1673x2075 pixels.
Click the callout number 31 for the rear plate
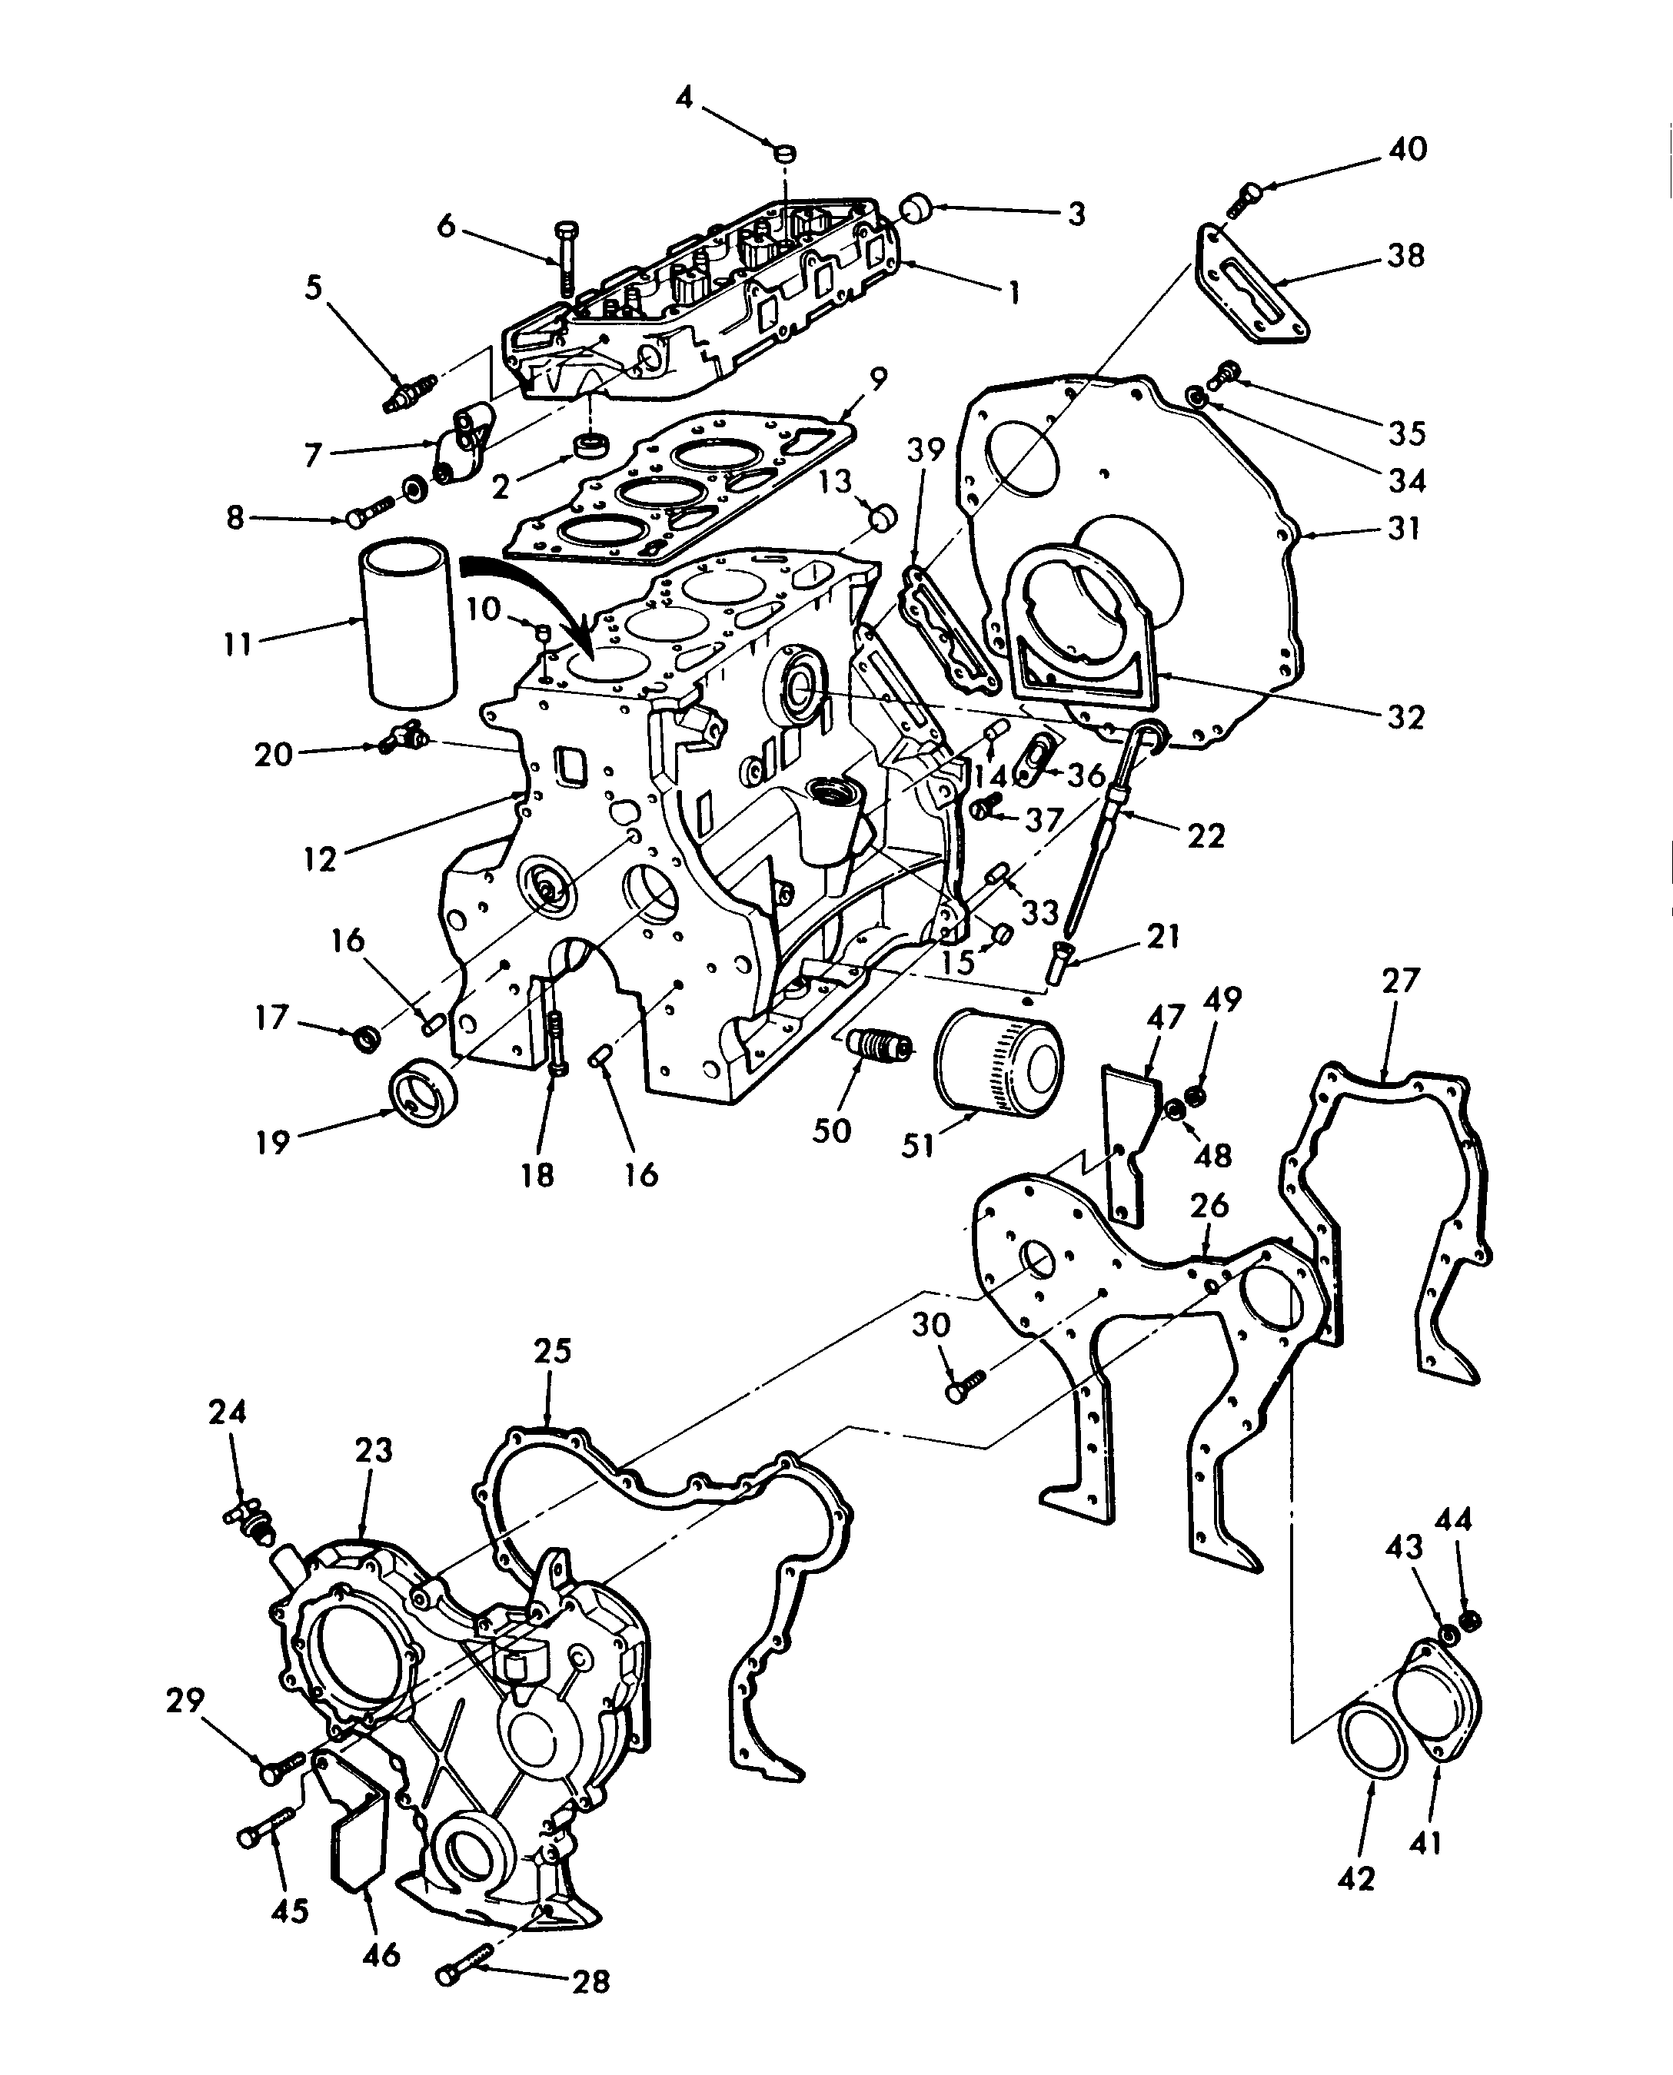click(1405, 528)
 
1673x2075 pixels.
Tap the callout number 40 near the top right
click(1407, 148)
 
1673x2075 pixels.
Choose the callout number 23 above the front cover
click(374, 1449)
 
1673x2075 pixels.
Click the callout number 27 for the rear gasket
click(1400, 981)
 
